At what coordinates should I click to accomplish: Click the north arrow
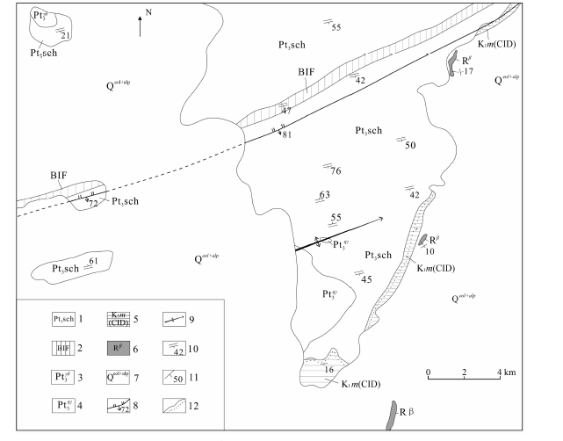point(141,25)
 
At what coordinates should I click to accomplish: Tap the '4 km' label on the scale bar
point(504,372)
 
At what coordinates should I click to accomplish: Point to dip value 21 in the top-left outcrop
point(66,35)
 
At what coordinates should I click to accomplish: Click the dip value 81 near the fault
point(286,134)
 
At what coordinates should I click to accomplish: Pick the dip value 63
point(324,195)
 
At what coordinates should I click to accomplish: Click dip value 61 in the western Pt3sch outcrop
point(92,261)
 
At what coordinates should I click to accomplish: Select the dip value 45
point(367,279)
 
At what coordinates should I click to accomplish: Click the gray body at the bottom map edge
point(391,416)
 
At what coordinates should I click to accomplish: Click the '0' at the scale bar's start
point(429,372)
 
